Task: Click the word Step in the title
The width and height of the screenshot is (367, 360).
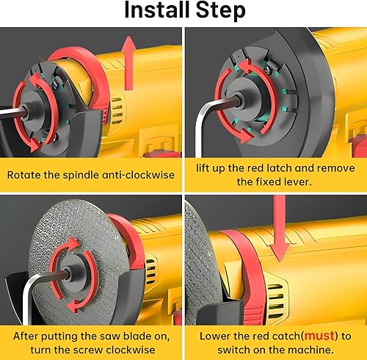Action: (x=220, y=11)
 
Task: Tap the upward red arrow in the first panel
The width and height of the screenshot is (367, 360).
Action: (x=129, y=63)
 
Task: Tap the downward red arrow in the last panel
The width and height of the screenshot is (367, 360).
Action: (x=280, y=228)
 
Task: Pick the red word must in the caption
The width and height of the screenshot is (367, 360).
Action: (x=319, y=336)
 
